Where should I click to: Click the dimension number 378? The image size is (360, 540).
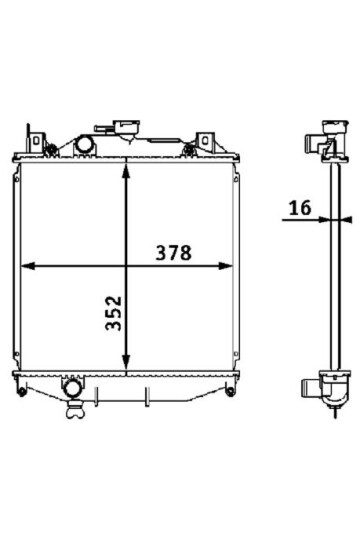pyautogui.click(x=173, y=253)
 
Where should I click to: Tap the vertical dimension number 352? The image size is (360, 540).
pyautogui.click(x=114, y=313)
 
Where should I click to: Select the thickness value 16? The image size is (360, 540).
pyautogui.click(x=300, y=208)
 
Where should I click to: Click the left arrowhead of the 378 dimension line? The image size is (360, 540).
pyautogui.click(x=28, y=266)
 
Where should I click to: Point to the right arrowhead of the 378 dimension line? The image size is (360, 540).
pyautogui.click(x=226, y=266)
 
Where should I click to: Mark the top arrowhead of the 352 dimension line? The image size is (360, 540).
pyautogui.click(x=126, y=171)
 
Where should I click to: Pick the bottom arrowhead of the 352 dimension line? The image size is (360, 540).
pyautogui.click(x=126, y=363)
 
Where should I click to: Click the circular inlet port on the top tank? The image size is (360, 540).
pyautogui.click(x=84, y=145)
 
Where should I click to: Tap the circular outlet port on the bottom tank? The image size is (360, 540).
pyautogui.click(x=72, y=388)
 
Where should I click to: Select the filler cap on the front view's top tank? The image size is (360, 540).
pyautogui.click(x=127, y=126)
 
